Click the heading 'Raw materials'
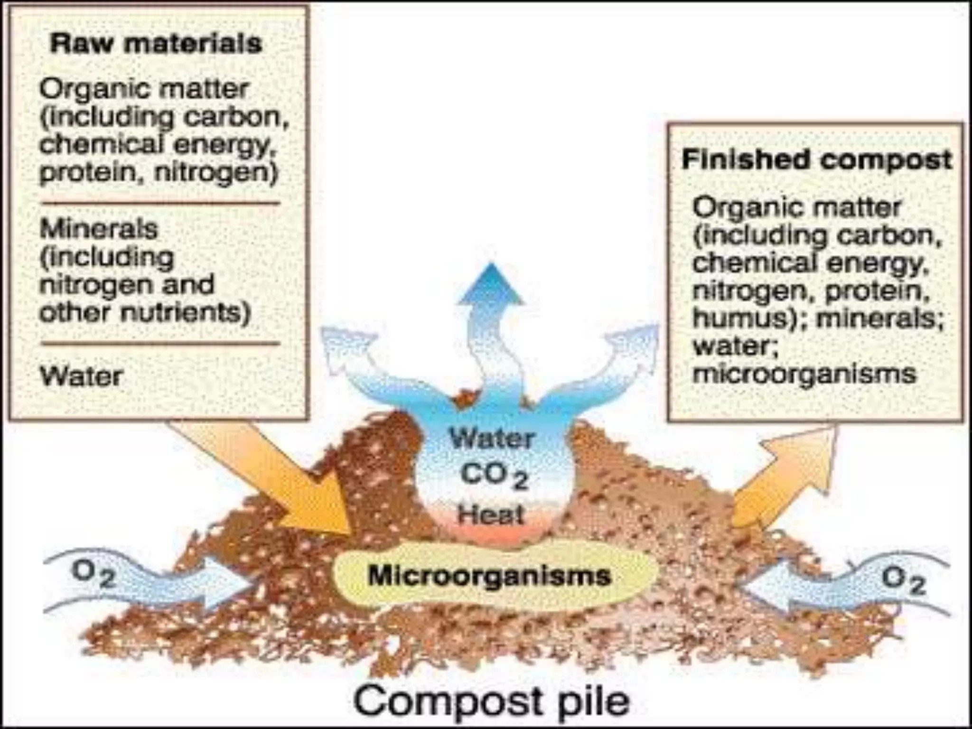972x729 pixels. (156, 44)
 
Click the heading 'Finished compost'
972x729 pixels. (816, 160)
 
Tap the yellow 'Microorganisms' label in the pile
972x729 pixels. (489, 576)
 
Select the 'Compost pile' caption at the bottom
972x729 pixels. (491, 701)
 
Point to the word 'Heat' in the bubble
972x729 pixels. (491, 514)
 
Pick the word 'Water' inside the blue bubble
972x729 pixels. (492, 438)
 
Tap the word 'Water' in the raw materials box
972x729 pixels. (81, 376)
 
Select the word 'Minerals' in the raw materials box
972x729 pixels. (98, 229)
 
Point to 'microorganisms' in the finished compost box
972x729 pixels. (804, 374)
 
